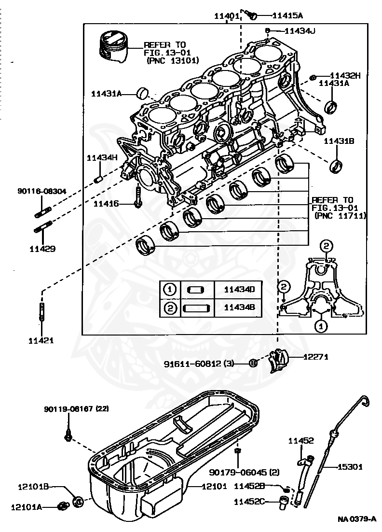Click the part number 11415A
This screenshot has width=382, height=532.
click(287, 15)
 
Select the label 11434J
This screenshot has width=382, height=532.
click(300, 31)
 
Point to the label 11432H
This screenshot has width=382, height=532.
click(345, 76)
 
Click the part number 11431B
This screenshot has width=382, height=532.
click(339, 141)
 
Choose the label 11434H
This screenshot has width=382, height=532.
click(102, 157)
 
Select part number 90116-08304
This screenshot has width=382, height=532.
click(41, 191)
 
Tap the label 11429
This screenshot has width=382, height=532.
click(42, 249)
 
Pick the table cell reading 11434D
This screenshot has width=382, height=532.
click(239, 289)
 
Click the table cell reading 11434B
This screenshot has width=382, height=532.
click(239, 308)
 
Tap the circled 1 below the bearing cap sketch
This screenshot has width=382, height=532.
click(321, 326)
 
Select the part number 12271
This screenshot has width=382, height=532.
click(315, 357)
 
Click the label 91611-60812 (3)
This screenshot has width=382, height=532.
click(199, 364)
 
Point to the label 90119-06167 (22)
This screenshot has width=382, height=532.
click(76, 409)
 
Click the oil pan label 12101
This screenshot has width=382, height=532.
click(214, 487)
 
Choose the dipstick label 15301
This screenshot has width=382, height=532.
click(350, 467)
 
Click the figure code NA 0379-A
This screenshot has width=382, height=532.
click(357, 519)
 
